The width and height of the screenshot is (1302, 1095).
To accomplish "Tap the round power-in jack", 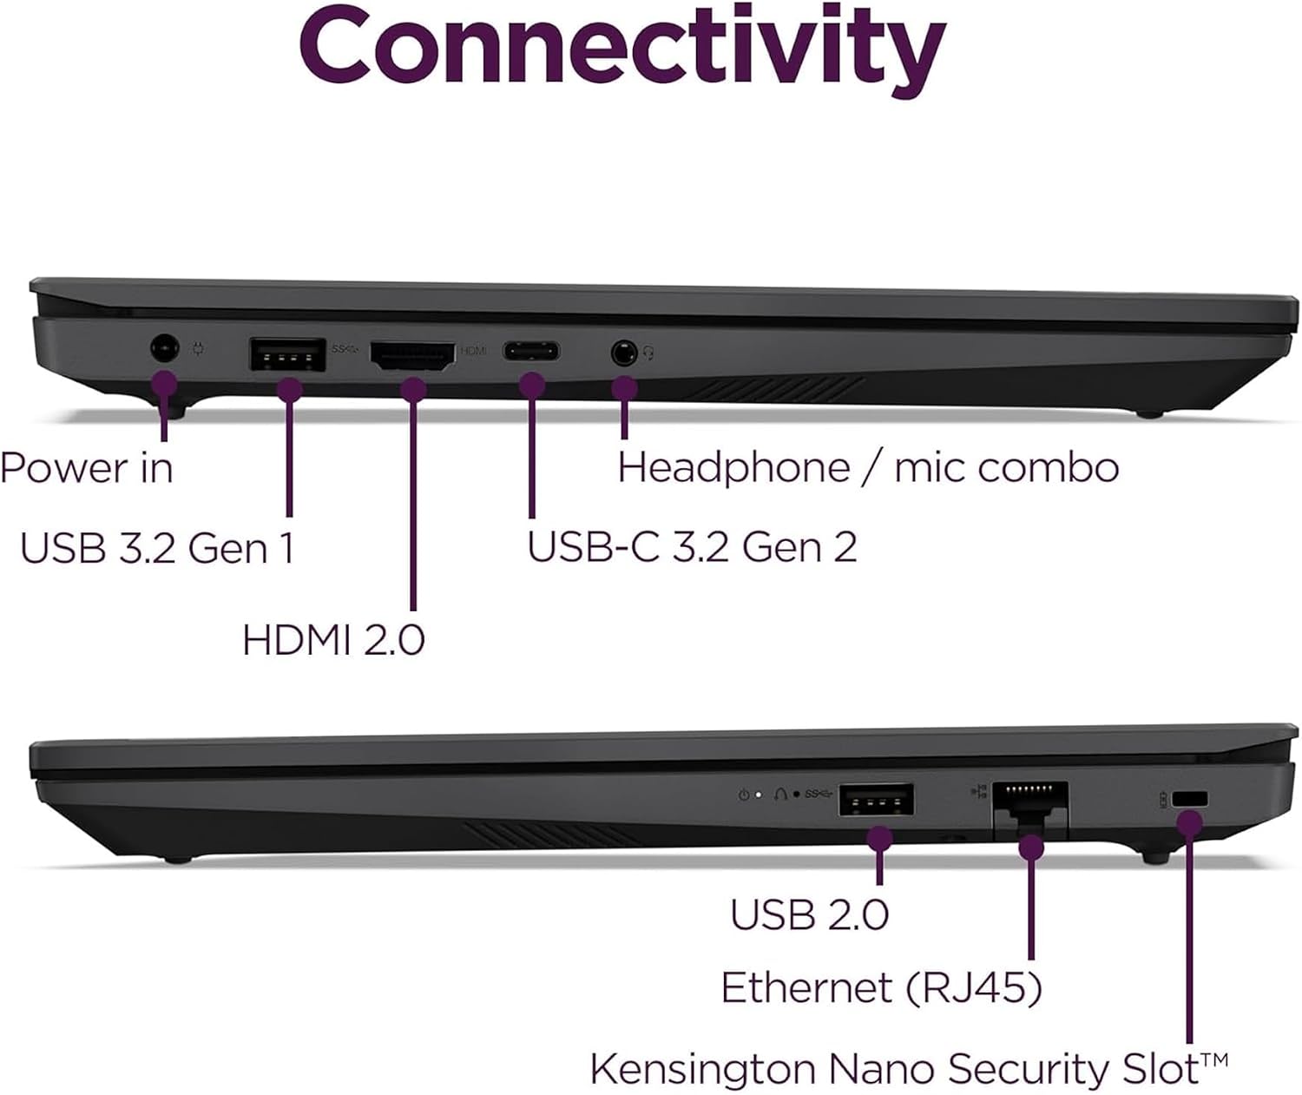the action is click(x=165, y=347).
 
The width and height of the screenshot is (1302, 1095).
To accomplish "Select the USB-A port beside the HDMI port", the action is click(x=287, y=354).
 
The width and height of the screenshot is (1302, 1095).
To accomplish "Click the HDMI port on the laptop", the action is click(x=412, y=356).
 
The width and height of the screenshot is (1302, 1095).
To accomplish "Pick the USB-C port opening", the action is click(x=531, y=352).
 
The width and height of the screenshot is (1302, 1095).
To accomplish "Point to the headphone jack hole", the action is click(x=623, y=353).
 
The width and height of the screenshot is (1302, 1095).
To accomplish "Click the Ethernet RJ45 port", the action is click(x=1030, y=808).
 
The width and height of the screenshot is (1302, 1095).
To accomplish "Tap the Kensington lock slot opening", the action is click(x=1190, y=799).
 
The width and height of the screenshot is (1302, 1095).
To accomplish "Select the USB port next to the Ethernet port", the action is click(x=877, y=799).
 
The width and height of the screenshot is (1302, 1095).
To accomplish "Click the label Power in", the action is click(x=87, y=468).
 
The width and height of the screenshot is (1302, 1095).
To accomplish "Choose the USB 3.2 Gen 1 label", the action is click(x=156, y=548).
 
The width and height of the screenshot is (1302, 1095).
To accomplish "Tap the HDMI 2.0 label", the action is click(x=333, y=639).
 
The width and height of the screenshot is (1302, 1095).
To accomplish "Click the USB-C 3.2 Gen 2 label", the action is click(x=692, y=547).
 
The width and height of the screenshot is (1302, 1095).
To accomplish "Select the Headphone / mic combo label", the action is click(x=868, y=467).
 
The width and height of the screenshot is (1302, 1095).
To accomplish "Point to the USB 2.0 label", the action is click(x=809, y=914).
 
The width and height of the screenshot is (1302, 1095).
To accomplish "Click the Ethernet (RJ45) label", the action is click(x=881, y=987).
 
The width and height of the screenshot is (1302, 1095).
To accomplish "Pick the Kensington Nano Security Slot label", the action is click(x=909, y=1069).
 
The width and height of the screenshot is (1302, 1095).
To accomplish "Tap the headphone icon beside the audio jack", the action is click(x=649, y=353).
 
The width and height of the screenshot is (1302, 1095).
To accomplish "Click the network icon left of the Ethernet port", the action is click(x=978, y=792).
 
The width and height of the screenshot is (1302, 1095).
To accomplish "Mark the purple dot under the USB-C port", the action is click(x=532, y=386).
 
